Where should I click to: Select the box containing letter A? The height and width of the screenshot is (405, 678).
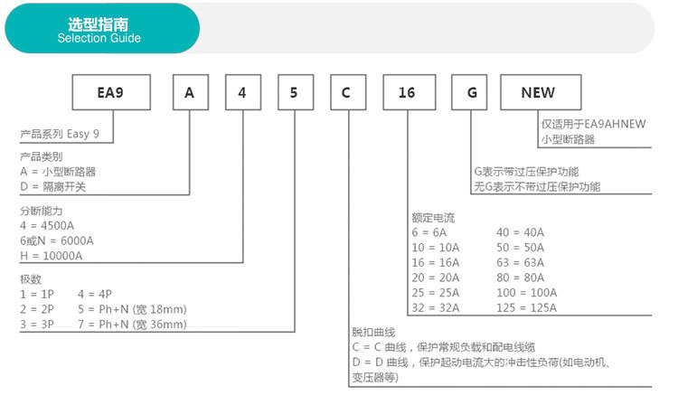[x=190, y=93]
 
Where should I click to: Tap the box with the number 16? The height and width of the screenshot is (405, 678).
[x=408, y=93]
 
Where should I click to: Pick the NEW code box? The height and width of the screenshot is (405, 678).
[x=538, y=93]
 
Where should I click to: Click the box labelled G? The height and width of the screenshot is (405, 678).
[x=470, y=93]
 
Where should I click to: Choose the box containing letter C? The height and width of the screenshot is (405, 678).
[x=347, y=93]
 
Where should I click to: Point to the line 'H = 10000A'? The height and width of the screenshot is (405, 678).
[x=51, y=255]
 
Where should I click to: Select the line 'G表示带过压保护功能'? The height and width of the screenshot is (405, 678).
[x=526, y=172]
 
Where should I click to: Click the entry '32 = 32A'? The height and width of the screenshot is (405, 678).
[x=434, y=307]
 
